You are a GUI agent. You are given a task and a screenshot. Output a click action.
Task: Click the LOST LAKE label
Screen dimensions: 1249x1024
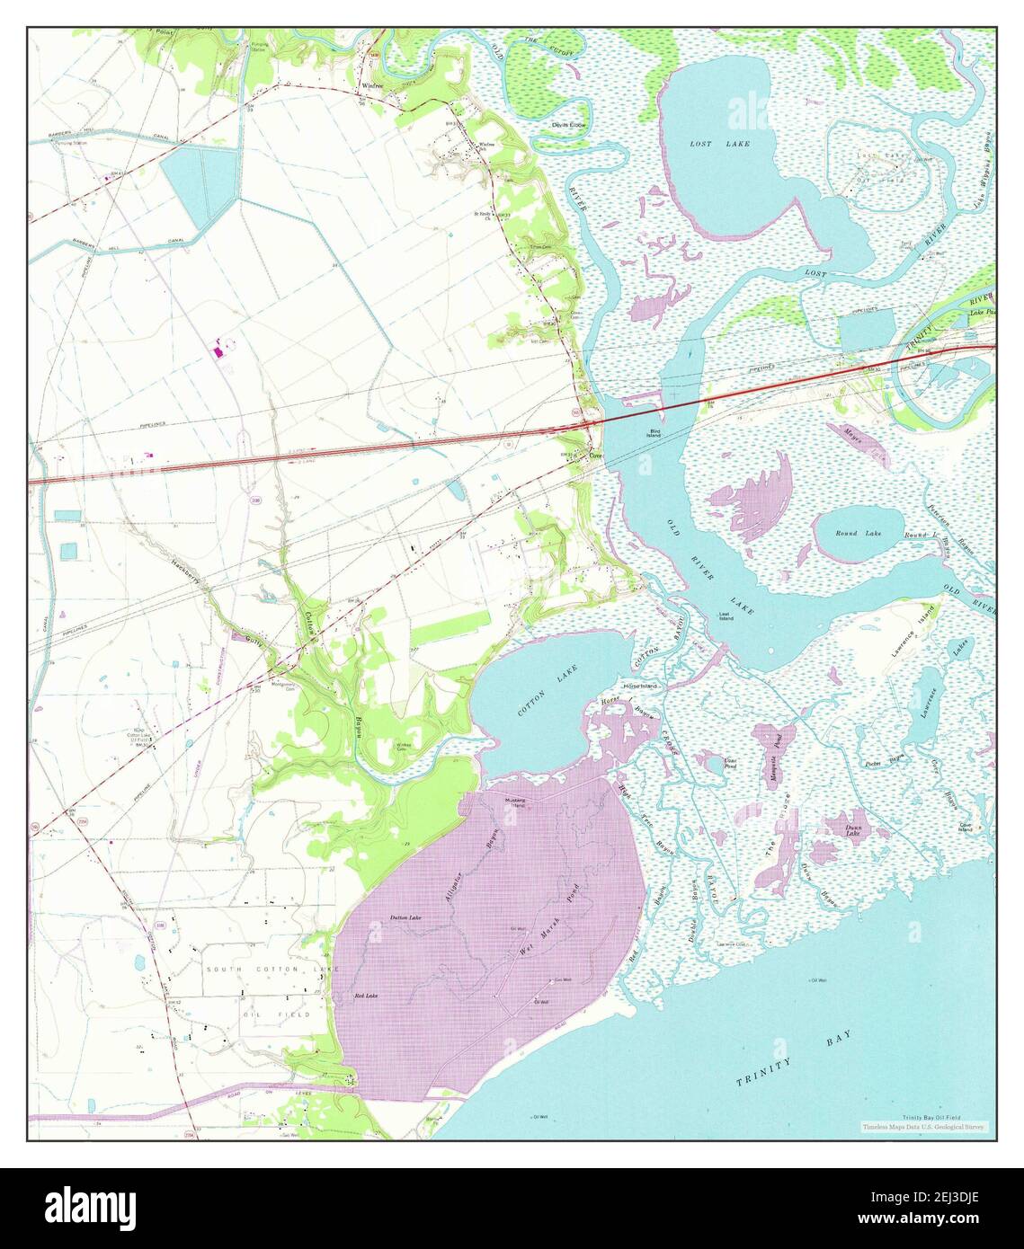point(719,144)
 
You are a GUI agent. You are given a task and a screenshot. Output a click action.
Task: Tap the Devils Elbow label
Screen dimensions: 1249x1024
point(568,125)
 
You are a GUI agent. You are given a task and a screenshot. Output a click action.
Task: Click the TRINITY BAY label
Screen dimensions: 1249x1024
point(796,1060)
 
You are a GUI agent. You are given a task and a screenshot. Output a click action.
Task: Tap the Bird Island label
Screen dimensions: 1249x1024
point(655,434)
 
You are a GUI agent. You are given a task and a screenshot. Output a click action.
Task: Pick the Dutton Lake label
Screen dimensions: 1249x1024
point(405,917)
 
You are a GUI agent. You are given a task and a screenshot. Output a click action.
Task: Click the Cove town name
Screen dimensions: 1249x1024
point(595,456)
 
